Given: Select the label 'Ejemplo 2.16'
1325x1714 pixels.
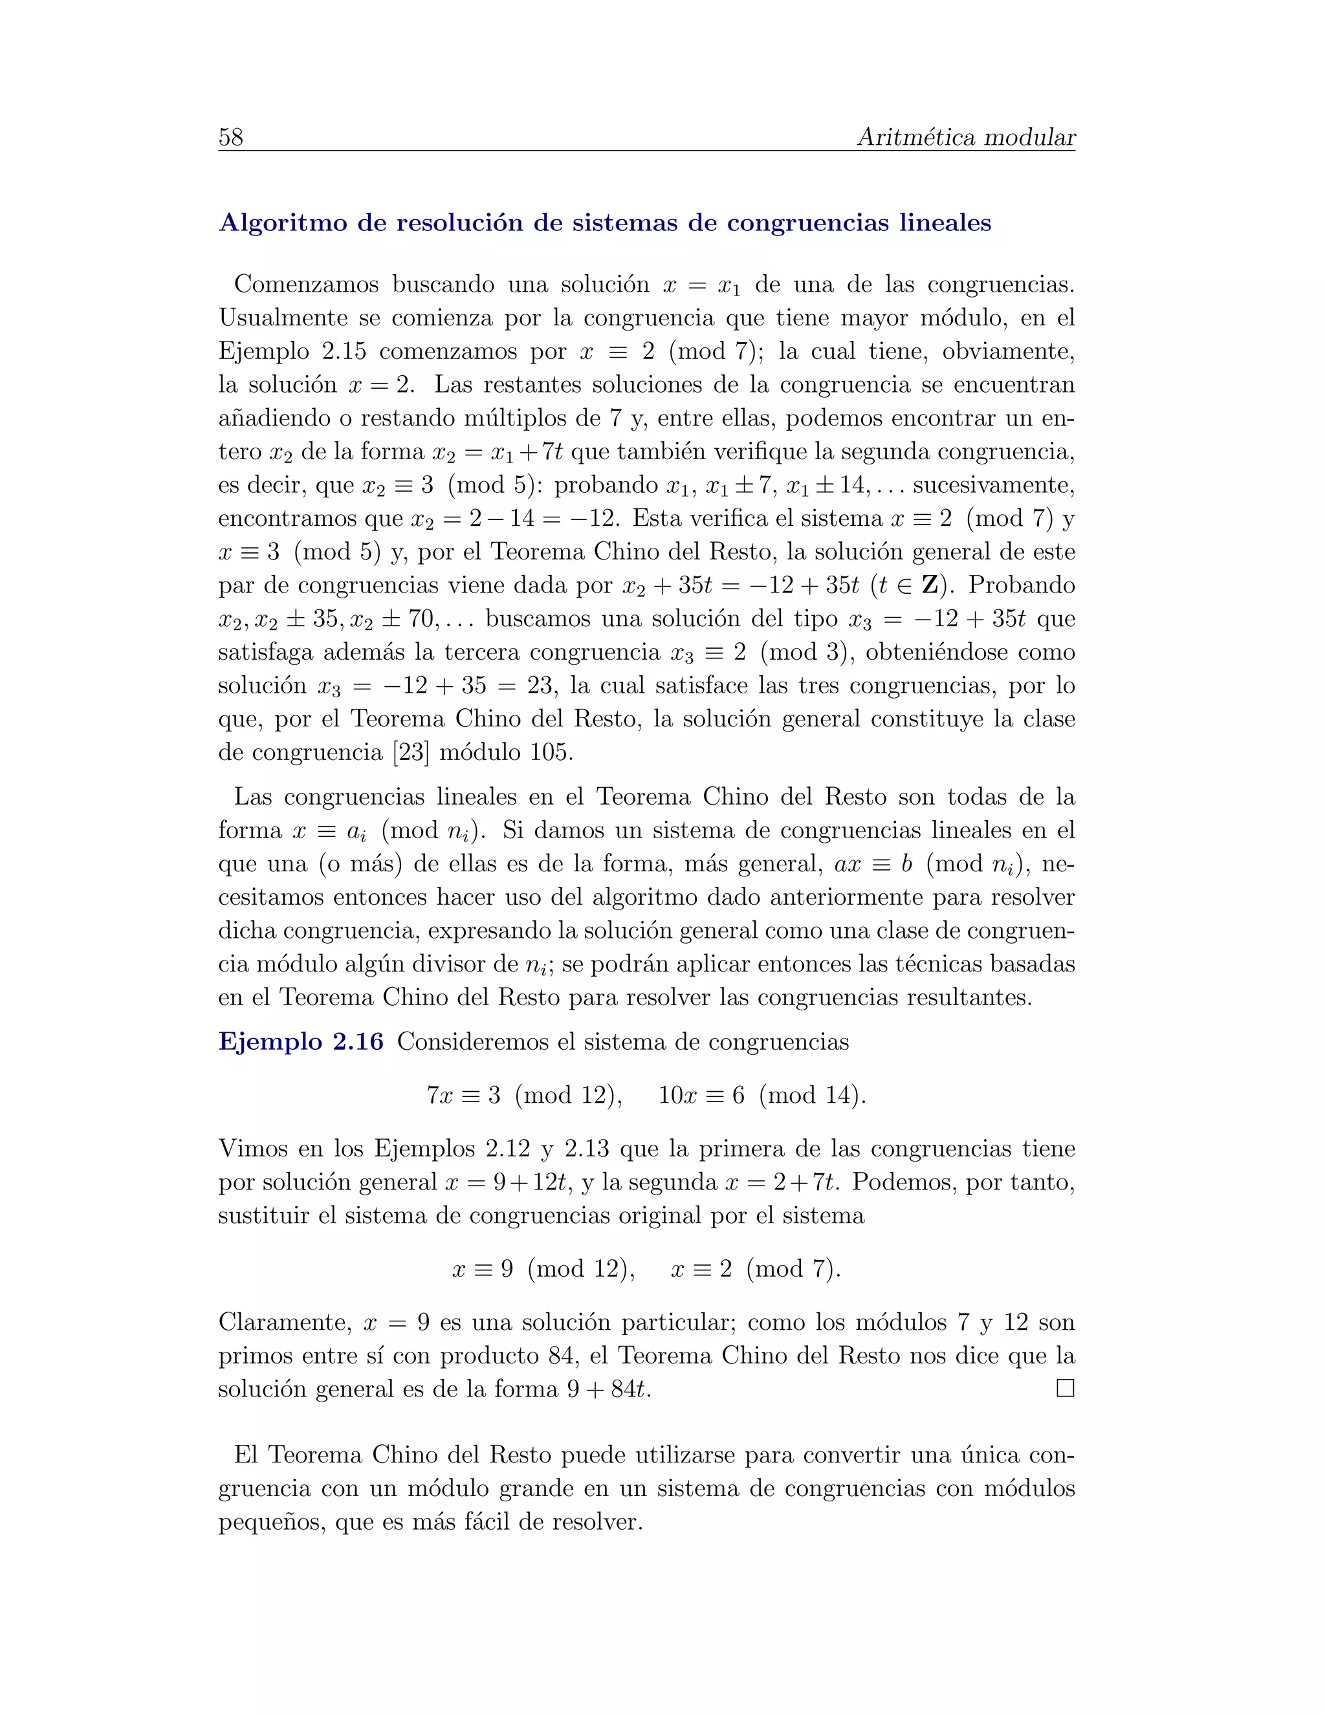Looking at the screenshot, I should (x=301, y=1041).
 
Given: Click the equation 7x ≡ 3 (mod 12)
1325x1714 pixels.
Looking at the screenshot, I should (x=524, y=1095).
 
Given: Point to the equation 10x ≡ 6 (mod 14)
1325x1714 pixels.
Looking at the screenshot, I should (x=761, y=1095).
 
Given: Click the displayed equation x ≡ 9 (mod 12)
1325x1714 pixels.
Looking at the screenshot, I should (x=543, y=1269).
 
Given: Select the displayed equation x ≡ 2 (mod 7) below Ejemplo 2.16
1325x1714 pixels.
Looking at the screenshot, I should (x=755, y=1269).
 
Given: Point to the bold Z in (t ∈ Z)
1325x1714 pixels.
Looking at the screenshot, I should (x=930, y=585).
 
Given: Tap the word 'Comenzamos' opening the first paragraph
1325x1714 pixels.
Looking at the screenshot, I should (x=306, y=284).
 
